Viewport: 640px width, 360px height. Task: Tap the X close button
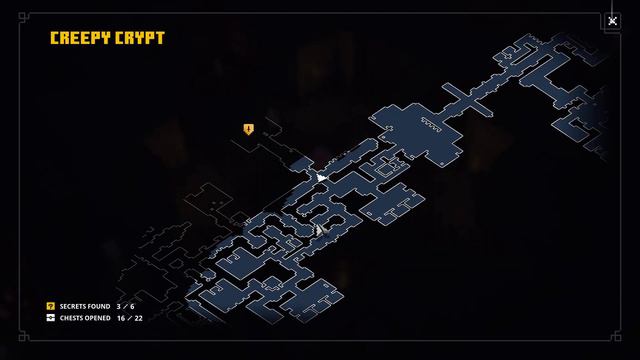point(613,21)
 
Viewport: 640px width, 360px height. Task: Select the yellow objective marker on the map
point(248,129)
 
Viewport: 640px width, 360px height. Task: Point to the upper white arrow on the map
point(320,177)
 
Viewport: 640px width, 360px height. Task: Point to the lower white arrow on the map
point(320,230)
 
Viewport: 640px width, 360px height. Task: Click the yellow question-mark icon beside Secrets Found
point(51,307)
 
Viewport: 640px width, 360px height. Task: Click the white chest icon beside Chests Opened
point(51,318)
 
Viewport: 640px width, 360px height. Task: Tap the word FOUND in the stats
point(100,307)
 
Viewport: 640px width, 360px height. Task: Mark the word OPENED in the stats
point(99,318)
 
